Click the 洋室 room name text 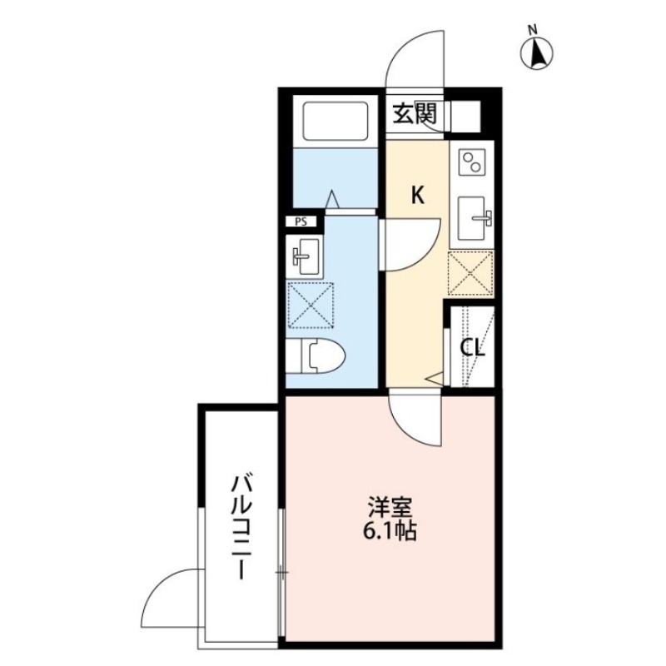click(390, 506)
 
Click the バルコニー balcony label click(241, 527)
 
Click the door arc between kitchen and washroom click(410, 241)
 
